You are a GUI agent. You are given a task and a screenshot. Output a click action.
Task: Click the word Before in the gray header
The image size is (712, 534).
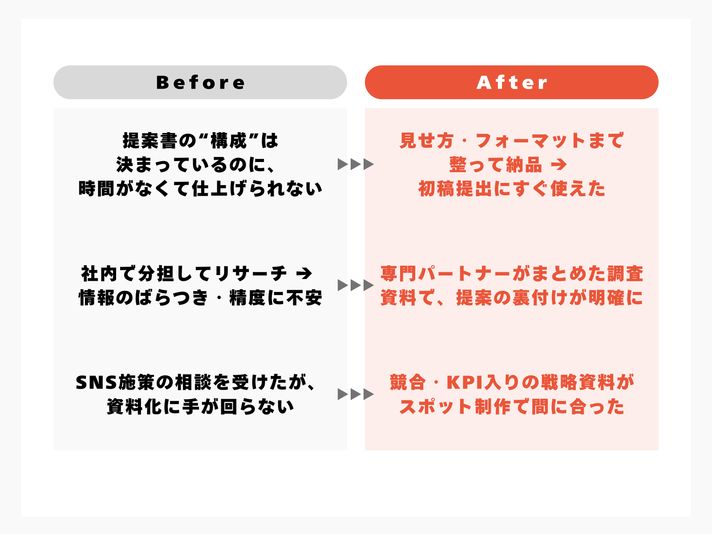click(x=200, y=82)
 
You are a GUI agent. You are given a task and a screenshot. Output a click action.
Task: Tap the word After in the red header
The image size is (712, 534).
click(x=512, y=82)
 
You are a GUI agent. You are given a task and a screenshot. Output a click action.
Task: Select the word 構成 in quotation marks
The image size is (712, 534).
click(x=229, y=141)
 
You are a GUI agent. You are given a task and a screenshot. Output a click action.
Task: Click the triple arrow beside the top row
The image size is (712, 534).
click(x=356, y=164)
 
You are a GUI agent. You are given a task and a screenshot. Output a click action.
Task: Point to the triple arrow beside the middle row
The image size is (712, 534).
click(x=356, y=285)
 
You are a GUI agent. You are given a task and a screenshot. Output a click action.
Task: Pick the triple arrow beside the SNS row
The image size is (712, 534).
click(x=356, y=394)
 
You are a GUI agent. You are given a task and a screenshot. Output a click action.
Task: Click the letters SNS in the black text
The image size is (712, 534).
click(x=96, y=382)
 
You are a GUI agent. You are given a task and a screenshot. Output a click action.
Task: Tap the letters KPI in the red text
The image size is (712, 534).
click(x=465, y=382)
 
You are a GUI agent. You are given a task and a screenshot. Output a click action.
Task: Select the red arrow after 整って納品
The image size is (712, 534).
click(x=559, y=165)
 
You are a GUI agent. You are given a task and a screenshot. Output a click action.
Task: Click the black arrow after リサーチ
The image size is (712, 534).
click(x=304, y=274)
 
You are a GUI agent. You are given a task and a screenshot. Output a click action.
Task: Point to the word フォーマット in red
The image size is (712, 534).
click(x=530, y=141)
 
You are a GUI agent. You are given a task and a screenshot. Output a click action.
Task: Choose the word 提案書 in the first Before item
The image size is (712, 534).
click(x=150, y=141)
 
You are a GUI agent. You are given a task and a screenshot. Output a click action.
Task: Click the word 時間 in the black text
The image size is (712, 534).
click(x=97, y=189)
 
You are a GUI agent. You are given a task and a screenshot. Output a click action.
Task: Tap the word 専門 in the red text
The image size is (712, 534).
click(x=399, y=274)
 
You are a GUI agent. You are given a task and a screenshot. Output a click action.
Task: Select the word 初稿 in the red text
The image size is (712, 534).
click(x=437, y=189)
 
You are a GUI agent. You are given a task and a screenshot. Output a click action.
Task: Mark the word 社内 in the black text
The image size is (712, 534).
click(x=99, y=274)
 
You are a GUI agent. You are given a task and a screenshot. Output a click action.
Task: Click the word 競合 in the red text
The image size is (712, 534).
click(x=408, y=382)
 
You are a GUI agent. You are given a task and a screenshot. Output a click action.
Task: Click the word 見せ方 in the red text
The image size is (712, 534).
click(x=427, y=141)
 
